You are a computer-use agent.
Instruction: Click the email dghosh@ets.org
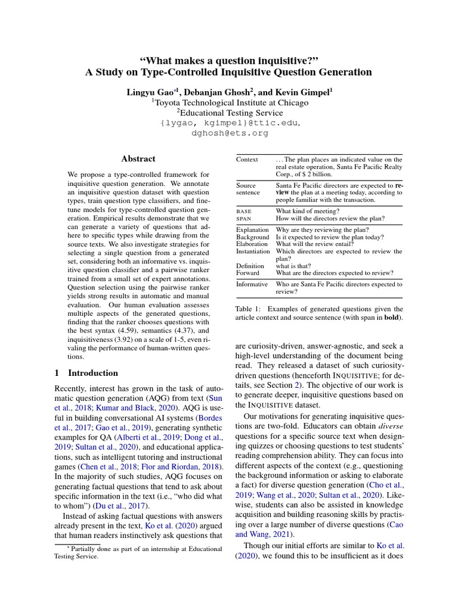point(229,133)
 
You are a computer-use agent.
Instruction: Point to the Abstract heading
point(138,159)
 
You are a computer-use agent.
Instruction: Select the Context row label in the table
point(247,160)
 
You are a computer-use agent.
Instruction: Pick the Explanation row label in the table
point(252,230)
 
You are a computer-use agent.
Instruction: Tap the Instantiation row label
point(253,251)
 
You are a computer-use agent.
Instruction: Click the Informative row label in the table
point(252,284)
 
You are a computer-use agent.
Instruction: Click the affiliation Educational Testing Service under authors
point(229,113)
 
